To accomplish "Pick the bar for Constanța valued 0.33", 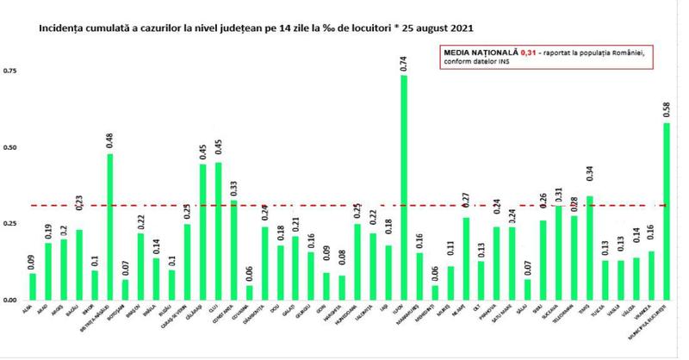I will (233, 250).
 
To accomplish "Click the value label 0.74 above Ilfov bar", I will (404, 61).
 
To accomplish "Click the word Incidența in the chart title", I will (60, 28).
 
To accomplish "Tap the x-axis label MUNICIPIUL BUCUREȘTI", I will (662, 320).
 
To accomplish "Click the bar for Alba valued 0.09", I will (33, 286).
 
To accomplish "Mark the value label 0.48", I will (109, 140).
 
